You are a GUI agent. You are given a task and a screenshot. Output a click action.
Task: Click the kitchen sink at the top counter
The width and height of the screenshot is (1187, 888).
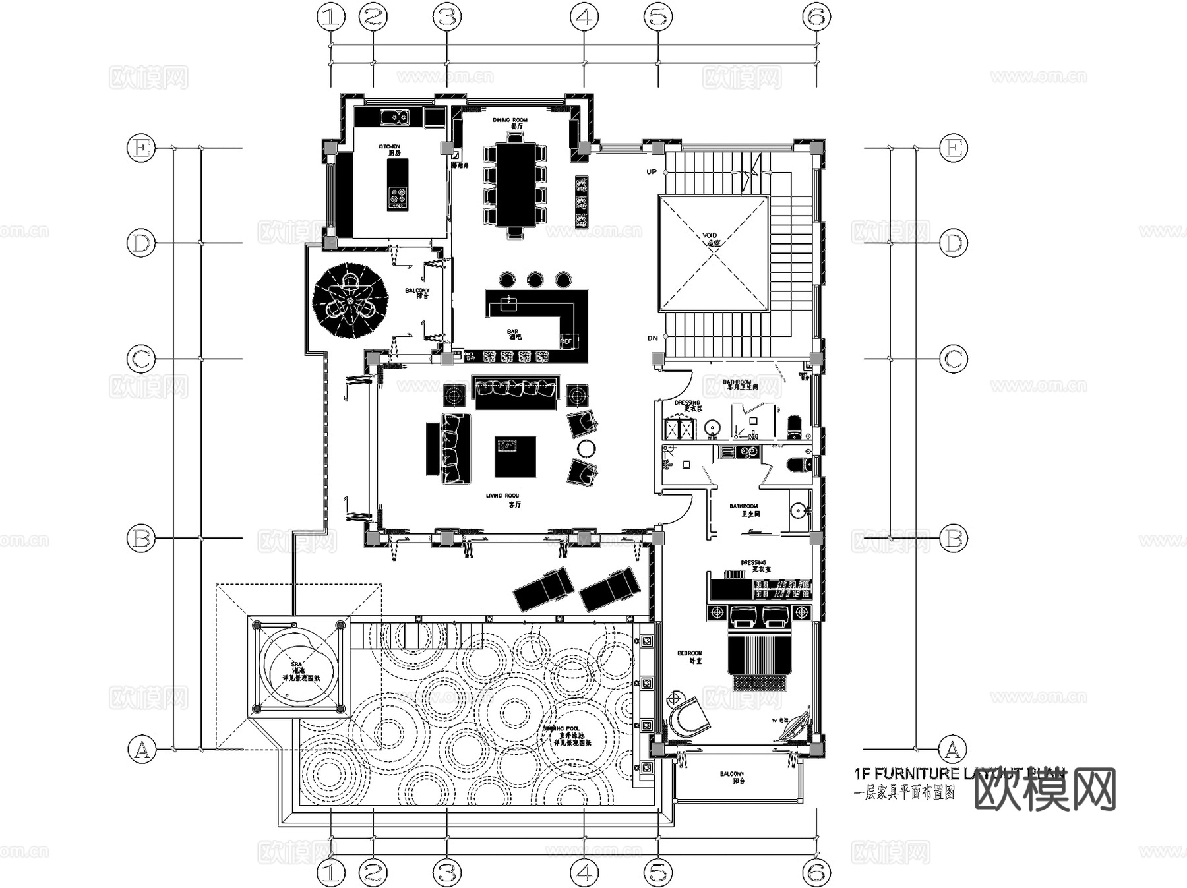coord(394,117)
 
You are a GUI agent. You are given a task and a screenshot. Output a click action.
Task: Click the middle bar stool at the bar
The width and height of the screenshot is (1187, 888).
coord(535,280)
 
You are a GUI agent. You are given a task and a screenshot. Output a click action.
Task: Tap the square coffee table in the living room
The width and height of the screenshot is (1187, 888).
coord(515,457)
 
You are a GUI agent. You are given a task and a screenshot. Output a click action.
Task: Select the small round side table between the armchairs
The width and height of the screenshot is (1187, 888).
coord(586,448)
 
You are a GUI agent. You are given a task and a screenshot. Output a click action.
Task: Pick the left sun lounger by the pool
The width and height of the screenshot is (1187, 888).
coord(543,587)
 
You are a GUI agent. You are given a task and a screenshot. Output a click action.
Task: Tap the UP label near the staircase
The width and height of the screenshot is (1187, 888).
coord(652,172)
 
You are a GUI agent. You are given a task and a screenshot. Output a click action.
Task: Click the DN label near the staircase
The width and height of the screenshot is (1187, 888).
coord(652,338)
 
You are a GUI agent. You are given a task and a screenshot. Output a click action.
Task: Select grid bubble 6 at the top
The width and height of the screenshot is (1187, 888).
coord(816,17)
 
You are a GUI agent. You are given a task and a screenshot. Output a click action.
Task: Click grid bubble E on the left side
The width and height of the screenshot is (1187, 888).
coord(140,148)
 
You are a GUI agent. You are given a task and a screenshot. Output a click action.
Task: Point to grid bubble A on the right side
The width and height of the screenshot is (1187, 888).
coord(952,750)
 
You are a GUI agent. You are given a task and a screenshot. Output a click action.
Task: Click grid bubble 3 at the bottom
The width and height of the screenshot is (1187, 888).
coord(447,873)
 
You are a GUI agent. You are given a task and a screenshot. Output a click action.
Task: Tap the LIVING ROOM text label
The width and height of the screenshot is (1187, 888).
coord(502,496)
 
